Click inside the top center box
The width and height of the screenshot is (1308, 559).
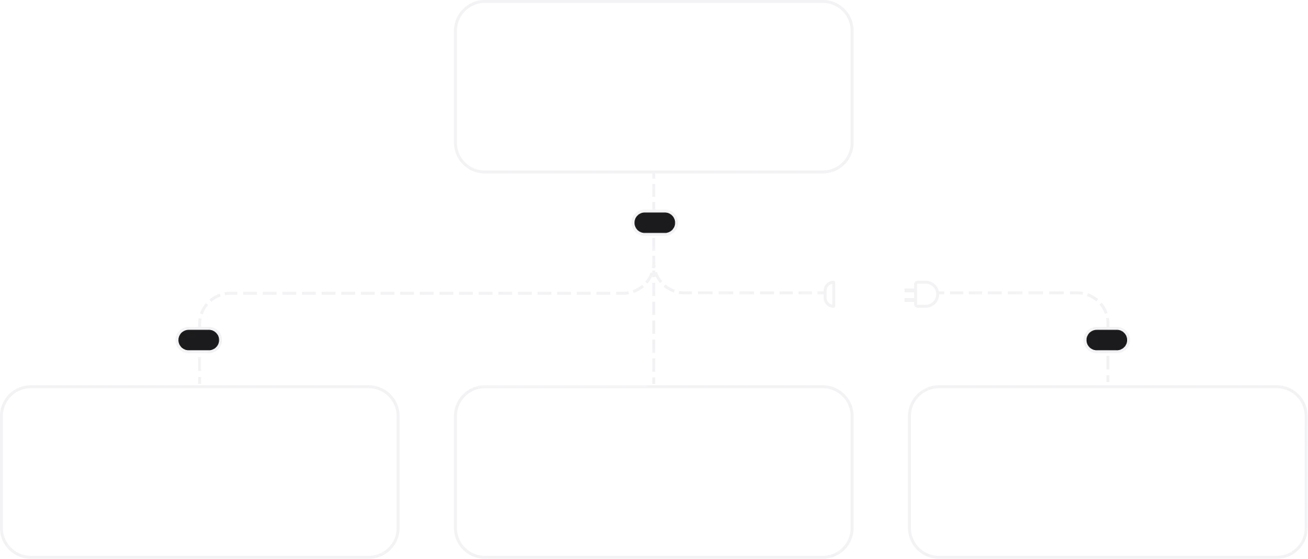tap(654, 88)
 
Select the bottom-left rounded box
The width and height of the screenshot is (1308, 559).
tap(200, 471)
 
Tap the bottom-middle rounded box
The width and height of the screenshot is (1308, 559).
tap(654, 471)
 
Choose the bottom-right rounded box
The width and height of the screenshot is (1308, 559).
tap(1106, 471)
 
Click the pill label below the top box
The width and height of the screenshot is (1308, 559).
tap(655, 222)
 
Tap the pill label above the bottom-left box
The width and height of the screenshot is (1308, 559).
tap(200, 340)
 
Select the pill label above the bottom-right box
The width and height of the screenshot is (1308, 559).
tap(1107, 340)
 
